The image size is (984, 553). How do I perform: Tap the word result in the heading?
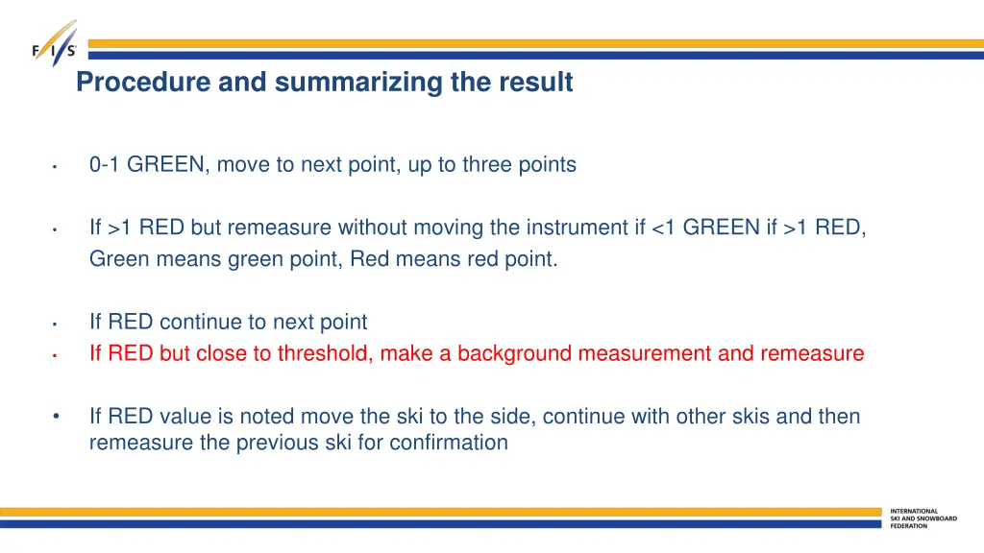pos(535,84)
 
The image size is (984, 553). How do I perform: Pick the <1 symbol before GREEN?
pos(663,228)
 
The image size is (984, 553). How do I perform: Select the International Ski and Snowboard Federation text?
pos(922,518)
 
